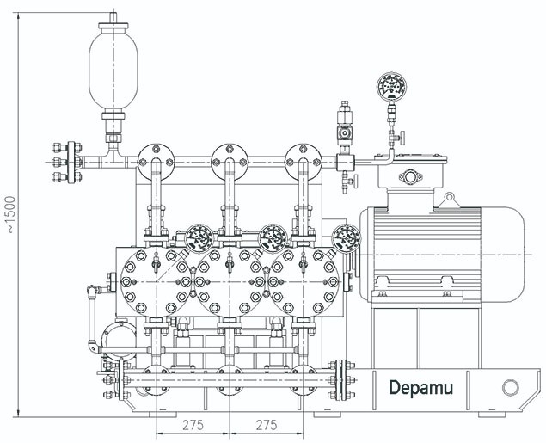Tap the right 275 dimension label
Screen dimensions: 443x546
point(267,425)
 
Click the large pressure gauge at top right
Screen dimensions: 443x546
point(391,88)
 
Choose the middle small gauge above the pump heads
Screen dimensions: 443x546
point(273,235)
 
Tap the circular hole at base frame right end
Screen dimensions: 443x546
point(509,387)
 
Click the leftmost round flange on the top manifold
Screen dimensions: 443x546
point(155,155)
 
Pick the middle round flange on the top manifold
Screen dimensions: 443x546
point(230,155)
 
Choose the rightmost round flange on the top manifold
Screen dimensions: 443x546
point(303,155)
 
